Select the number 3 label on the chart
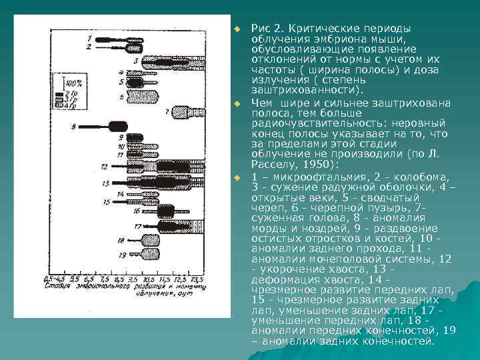[136, 61]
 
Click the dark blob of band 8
[118, 125]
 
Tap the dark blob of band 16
[165, 211]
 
